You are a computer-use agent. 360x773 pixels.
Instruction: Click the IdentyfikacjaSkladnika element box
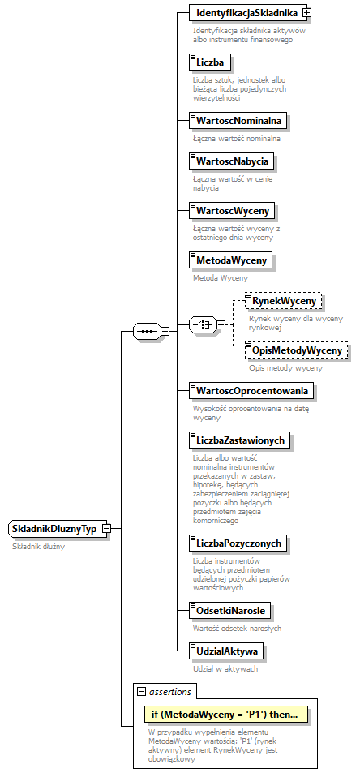click(245, 13)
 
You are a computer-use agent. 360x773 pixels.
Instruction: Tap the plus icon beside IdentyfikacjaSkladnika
click(307, 13)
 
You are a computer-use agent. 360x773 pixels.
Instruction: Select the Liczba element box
click(210, 61)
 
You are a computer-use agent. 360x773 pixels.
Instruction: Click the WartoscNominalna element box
click(238, 120)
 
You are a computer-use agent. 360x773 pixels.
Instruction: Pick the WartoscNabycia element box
click(233, 161)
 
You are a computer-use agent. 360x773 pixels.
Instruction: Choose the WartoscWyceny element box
click(231, 210)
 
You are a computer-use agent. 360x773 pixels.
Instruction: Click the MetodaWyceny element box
click(230, 260)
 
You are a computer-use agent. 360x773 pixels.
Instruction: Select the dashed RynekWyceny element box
click(284, 302)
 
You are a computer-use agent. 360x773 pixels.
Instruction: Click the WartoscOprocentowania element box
click(252, 391)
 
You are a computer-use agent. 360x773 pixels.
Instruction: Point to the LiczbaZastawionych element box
click(239, 440)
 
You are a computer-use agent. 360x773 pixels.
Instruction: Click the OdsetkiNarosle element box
click(230, 608)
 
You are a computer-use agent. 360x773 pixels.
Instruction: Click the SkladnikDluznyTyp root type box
click(54, 529)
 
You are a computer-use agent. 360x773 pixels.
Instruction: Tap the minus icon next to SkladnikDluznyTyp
click(106, 529)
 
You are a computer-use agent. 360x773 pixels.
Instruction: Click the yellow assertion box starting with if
click(225, 714)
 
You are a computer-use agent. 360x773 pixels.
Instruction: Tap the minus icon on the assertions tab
click(141, 691)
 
